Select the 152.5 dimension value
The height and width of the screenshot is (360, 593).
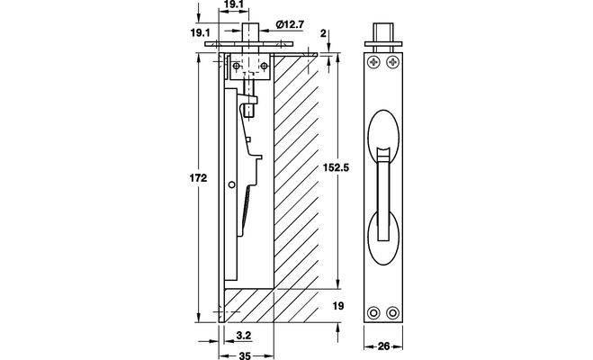click(x=337, y=167)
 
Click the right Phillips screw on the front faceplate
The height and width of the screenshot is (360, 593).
click(x=393, y=63)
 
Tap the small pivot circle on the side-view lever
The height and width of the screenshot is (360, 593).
click(x=233, y=185)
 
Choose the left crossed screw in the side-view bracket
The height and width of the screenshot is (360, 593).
click(x=236, y=67)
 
